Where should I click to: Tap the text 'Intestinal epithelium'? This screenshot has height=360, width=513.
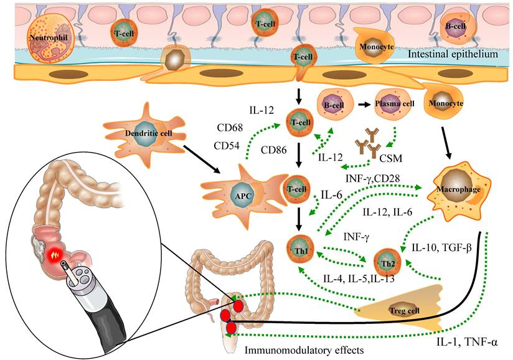(453, 55)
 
